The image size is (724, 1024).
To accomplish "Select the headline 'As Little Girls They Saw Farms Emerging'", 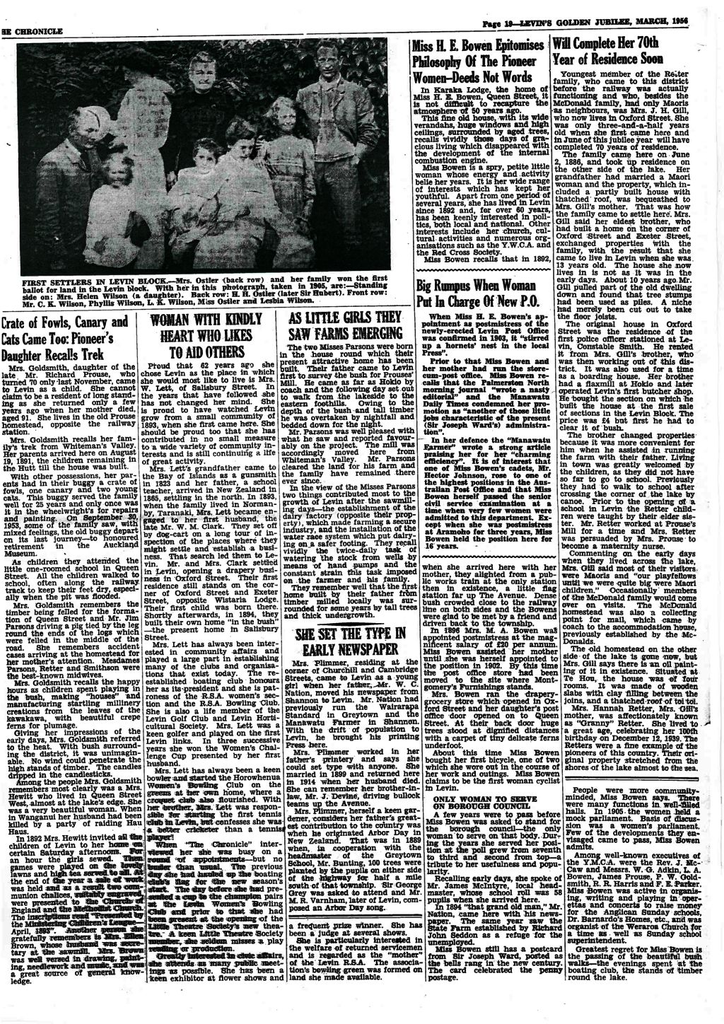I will click(x=337, y=325).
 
